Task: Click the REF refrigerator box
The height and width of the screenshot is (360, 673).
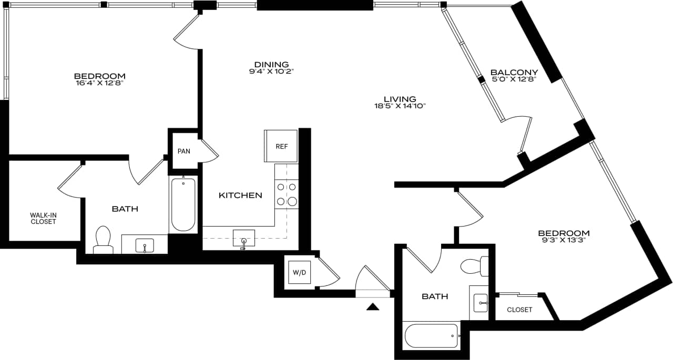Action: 281,146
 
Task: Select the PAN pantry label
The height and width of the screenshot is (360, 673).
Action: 183,151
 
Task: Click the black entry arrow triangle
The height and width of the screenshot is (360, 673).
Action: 373,307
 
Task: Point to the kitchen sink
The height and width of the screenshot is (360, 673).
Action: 243,239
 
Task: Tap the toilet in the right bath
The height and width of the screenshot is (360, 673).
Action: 474,266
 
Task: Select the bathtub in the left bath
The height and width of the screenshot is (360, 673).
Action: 183,204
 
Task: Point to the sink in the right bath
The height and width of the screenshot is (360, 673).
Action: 481,303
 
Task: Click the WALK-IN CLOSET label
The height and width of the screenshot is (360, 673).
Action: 43,218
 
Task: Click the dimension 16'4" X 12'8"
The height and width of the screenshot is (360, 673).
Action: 99,83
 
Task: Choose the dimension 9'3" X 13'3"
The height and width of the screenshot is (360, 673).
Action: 563,241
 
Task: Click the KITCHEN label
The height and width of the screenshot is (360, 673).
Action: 240,196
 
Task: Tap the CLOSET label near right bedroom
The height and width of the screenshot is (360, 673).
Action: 519,310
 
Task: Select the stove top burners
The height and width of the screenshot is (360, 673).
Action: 287,194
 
